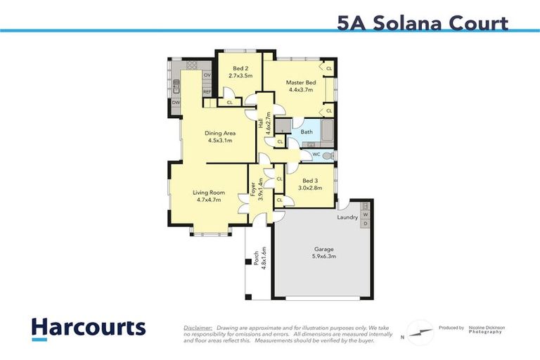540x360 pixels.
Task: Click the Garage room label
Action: pyautogui.click(x=323, y=250)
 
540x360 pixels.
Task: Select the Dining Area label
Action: pyautogui.click(x=219, y=133)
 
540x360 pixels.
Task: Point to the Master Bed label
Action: pyautogui.click(x=300, y=83)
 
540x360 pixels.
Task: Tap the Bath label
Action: pyautogui.click(x=307, y=131)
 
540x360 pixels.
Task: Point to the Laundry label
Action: pyautogui.click(x=347, y=217)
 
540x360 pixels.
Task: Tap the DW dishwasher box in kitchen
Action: pyautogui.click(x=175, y=103)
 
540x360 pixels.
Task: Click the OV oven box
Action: pyautogui.click(x=207, y=75)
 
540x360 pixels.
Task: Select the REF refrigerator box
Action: pyautogui.click(x=207, y=91)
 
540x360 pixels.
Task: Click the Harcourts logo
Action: pyautogui.click(x=89, y=328)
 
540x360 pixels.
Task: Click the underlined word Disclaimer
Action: pyautogui.click(x=198, y=328)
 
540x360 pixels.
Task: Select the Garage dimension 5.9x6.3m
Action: pyautogui.click(x=323, y=257)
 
